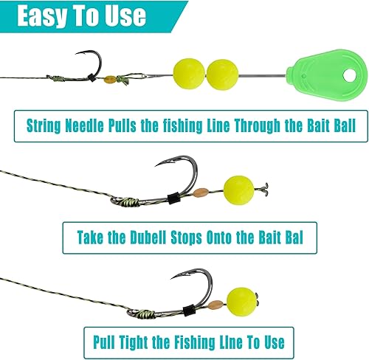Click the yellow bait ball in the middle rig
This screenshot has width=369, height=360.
click(238, 189)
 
